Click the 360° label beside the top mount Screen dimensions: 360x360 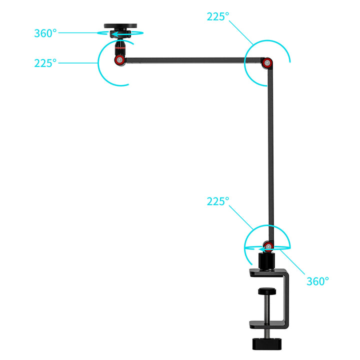45,33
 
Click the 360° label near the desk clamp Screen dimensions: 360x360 317,281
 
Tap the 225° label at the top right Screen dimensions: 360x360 218,16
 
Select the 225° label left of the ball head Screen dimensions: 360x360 45,63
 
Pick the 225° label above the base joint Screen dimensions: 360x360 218,201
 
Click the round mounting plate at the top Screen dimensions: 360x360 120,25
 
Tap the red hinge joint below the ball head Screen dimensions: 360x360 119,60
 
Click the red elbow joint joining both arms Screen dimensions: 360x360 267,62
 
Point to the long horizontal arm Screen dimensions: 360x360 193,60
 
